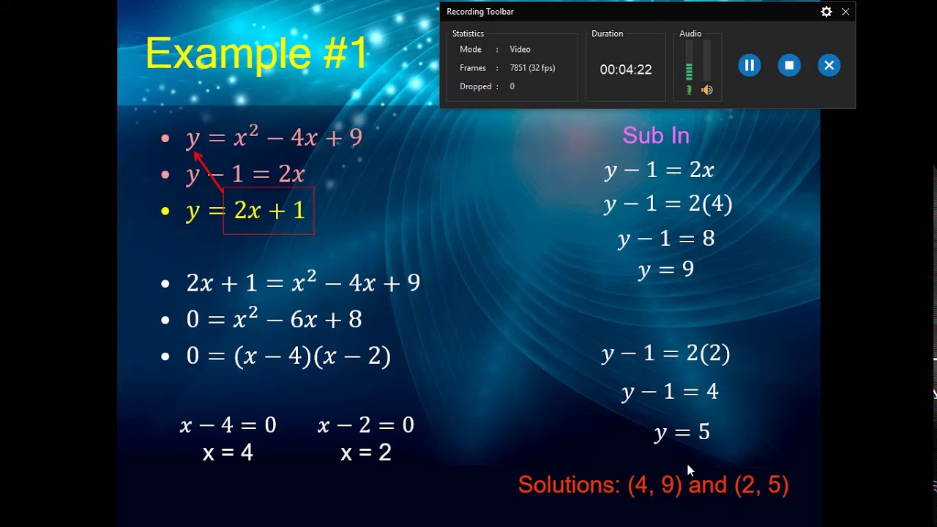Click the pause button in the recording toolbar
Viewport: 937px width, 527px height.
click(x=749, y=66)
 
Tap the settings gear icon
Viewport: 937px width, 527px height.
click(x=826, y=12)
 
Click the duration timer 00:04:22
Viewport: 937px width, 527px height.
click(x=625, y=70)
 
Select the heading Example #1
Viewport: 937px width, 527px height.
click(x=256, y=53)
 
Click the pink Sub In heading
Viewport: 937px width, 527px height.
click(x=656, y=135)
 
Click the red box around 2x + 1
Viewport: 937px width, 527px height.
click(x=269, y=211)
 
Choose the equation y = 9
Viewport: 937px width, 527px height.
click(x=665, y=270)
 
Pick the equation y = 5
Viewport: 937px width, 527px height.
click(x=682, y=432)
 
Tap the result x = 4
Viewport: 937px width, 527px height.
click(x=228, y=452)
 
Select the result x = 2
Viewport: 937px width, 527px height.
click(x=365, y=452)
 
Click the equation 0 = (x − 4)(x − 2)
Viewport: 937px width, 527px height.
click(x=288, y=356)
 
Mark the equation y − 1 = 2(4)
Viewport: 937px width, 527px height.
click(x=668, y=204)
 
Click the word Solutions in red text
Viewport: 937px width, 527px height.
click(x=569, y=485)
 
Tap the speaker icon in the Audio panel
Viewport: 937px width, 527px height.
click(x=707, y=90)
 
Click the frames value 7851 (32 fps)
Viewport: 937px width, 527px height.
click(x=532, y=68)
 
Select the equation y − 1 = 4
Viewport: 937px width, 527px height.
click(x=670, y=392)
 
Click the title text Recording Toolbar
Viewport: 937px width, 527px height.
click(x=480, y=12)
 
